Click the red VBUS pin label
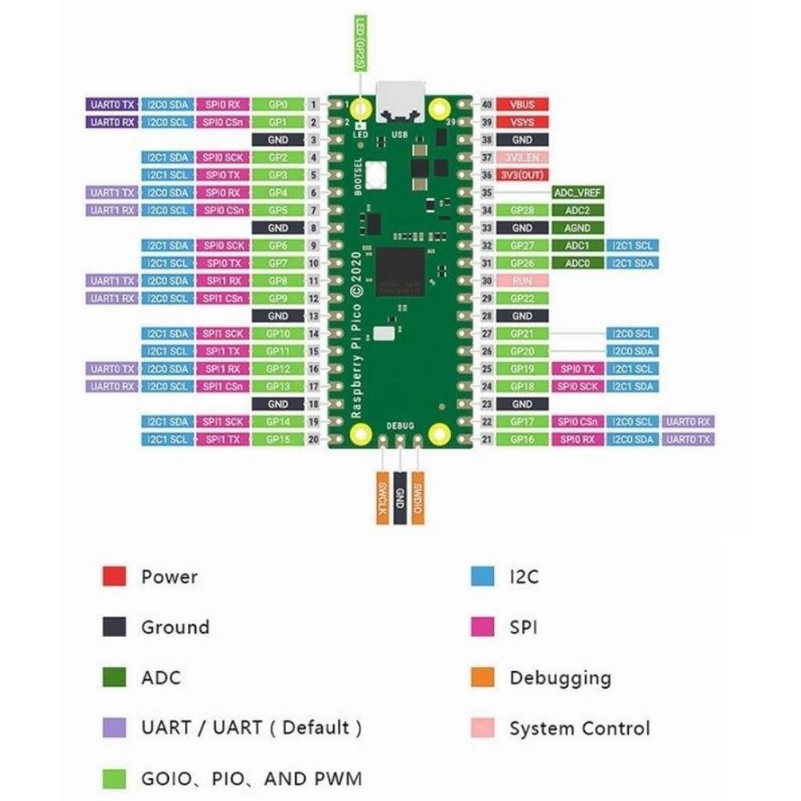[522, 105]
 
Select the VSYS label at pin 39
[522, 123]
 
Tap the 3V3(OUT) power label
[522, 175]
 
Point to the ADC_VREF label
[578, 193]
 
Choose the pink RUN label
[522, 281]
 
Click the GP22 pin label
[522, 299]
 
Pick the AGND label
[578, 228]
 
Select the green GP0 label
[278, 105]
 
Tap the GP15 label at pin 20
[278, 440]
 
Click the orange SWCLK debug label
[382, 497]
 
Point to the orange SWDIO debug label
[417, 497]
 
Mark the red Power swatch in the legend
[114, 576]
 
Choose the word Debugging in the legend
[560, 678]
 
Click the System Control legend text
[579, 728]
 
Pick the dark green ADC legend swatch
[114, 677]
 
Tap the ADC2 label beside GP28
[578, 211]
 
